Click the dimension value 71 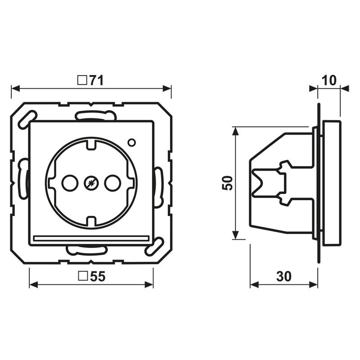97,81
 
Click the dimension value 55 98,276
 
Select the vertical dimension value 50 227,183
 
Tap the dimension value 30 284,276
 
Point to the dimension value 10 329,81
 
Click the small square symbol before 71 82,81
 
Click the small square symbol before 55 83,276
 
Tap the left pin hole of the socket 70,183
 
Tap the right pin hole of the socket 112,183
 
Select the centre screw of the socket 91,183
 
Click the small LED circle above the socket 131,143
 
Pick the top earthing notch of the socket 91,144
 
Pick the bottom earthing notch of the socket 91,221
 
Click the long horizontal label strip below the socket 91,238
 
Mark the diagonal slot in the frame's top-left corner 27,119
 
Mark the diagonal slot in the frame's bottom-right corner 154,247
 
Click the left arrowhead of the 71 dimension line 15,88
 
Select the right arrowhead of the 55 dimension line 149,285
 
